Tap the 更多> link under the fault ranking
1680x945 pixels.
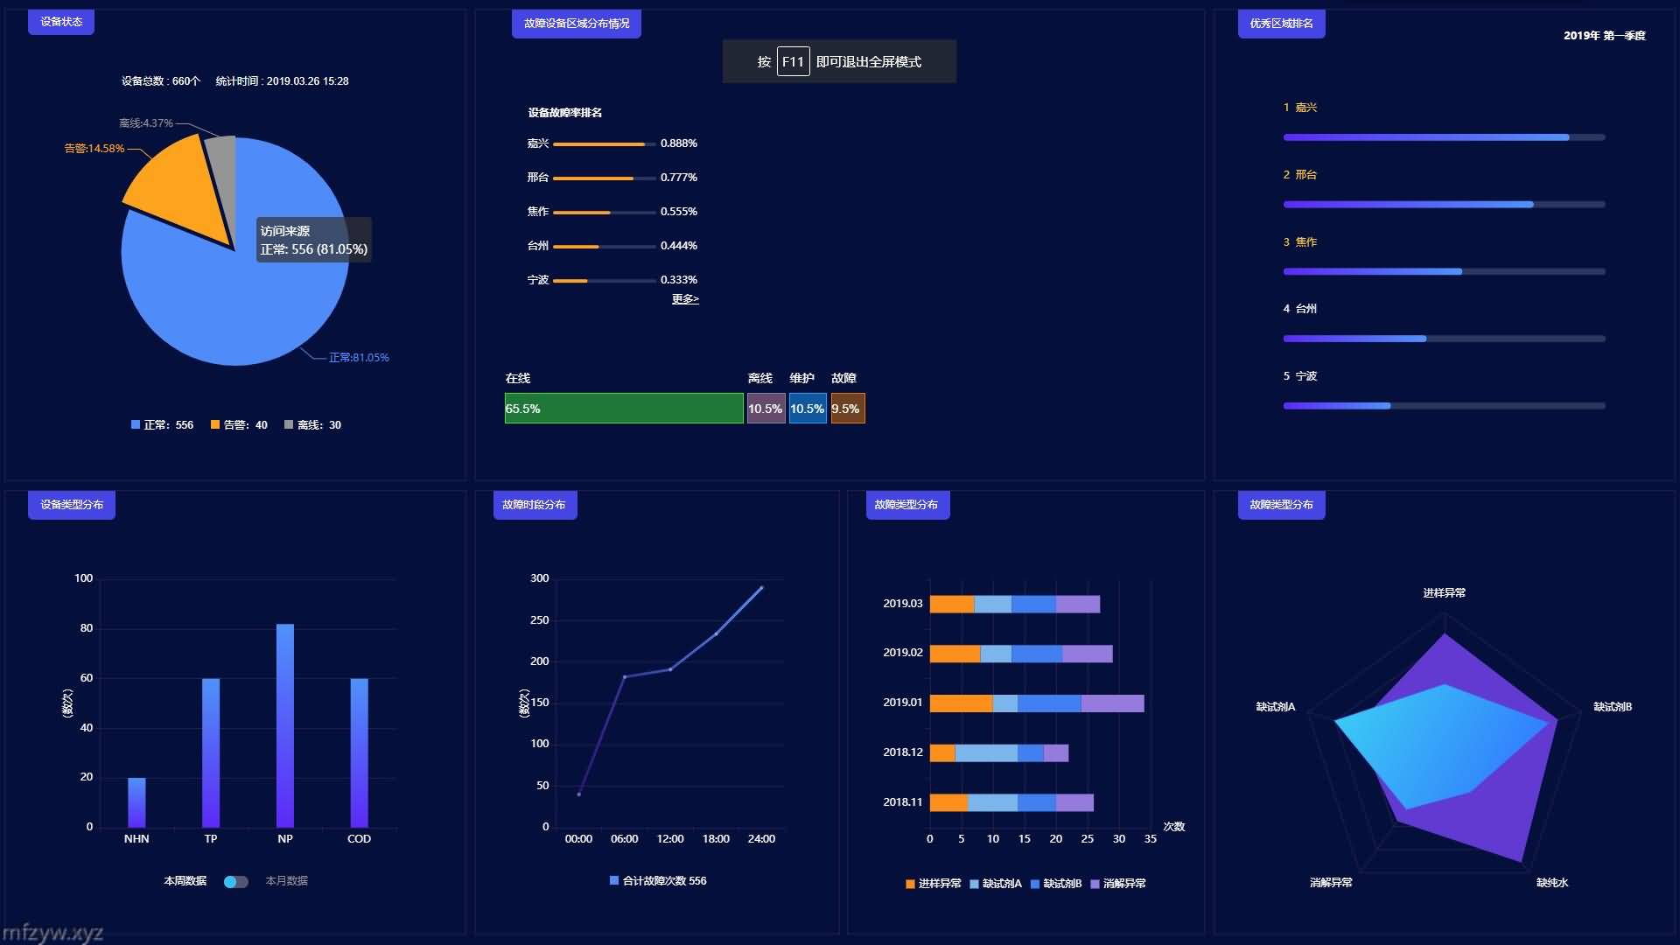pos(685,299)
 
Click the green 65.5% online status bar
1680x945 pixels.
pos(623,409)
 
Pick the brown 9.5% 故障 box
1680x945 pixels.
pos(847,409)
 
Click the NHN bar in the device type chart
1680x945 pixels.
pos(136,802)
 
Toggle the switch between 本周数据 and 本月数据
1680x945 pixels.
pos(235,881)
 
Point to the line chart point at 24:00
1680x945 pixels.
pos(761,588)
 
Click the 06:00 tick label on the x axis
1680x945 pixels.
pos(624,839)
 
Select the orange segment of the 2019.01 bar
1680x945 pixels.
pos(961,703)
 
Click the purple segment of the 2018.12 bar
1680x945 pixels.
pos(1056,753)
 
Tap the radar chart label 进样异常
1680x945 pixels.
pos(1444,593)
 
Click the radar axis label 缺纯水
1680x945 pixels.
pos(1552,883)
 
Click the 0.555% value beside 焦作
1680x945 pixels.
pos(678,212)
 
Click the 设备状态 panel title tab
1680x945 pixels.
pos(61,22)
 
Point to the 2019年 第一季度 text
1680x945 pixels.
pos(1604,36)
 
